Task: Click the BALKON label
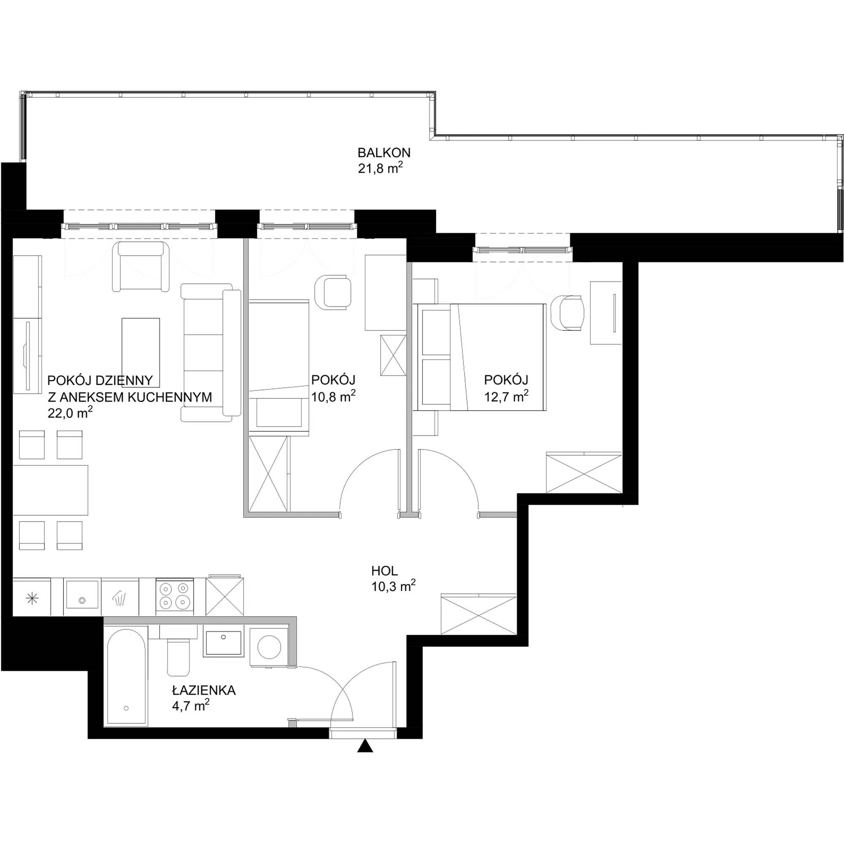[x=384, y=153]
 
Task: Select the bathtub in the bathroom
[x=126, y=678]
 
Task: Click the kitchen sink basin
[x=82, y=595]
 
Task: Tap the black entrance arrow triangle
[x=365, y=746]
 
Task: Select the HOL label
[x=384, y=571]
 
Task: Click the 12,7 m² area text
[x=507, y=396]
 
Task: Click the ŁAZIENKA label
[x=203, y=690]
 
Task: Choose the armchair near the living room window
[x=141, y=266]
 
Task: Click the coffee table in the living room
[x=141, y=353]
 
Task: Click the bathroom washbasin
[x=223, y=644]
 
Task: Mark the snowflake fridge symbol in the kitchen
[x=33, y=599]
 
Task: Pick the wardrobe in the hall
[x=479, y=613]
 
